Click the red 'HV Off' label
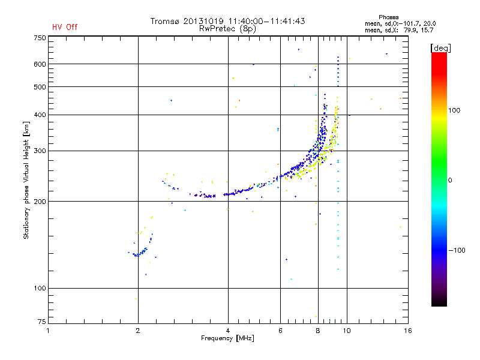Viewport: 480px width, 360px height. [x=65, y=27]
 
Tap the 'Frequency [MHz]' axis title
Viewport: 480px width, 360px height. [x=227, y=339]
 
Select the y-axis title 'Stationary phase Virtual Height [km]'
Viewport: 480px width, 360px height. [x=26, y=180]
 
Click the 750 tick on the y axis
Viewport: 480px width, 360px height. [x=40, y=38]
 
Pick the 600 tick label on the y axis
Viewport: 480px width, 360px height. [x=40, y=64]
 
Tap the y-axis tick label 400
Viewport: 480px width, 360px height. [x=40, y=115]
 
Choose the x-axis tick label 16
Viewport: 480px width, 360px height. [x=407, y=331]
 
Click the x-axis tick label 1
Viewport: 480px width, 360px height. [x=48, y=331]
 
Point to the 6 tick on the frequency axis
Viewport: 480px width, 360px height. [x=281, y=331]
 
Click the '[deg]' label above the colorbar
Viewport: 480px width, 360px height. [x=440, y=47]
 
